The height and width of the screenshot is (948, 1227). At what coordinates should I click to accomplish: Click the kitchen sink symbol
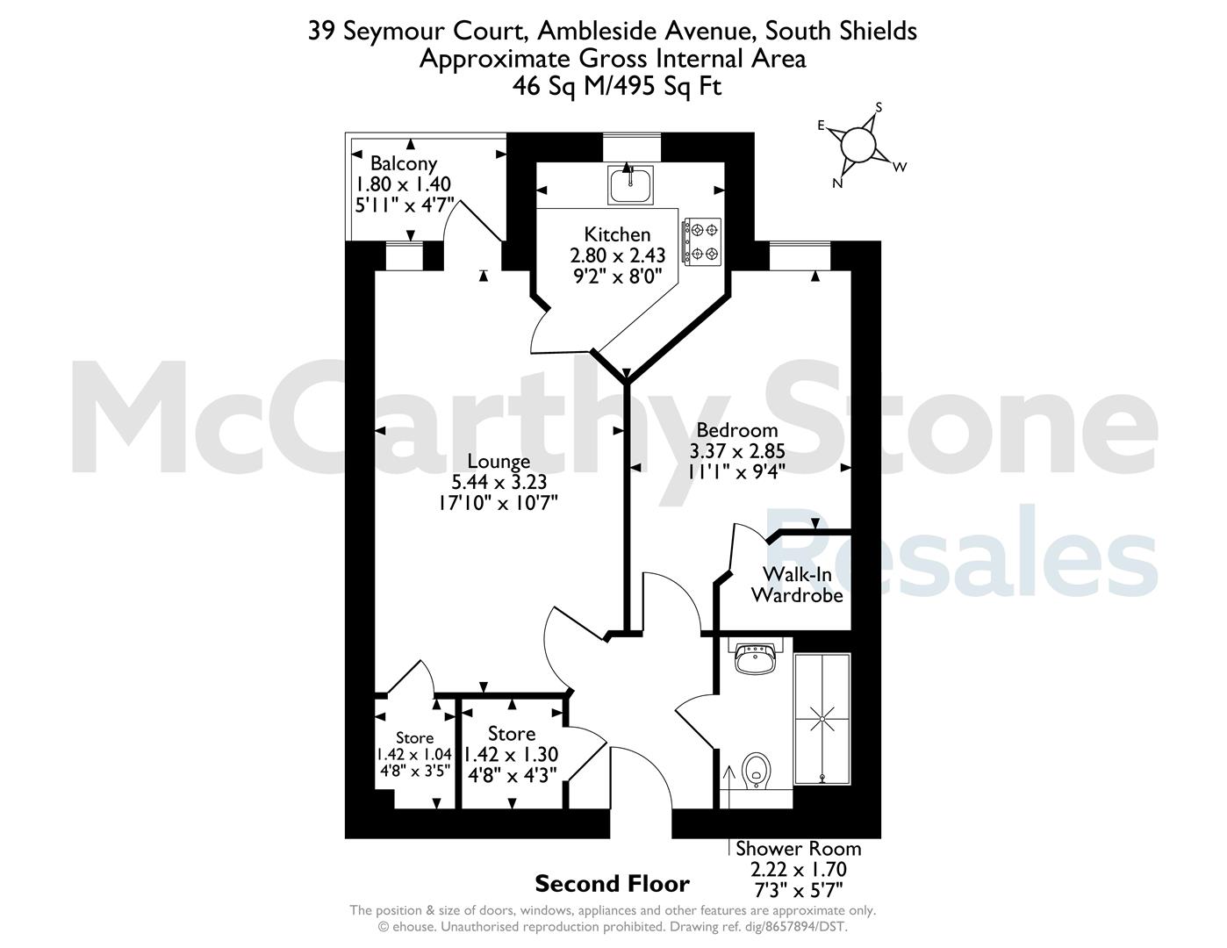point(630,184)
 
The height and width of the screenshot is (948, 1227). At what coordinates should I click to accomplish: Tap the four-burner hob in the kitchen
point(702,241)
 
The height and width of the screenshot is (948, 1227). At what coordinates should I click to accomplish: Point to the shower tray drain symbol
point(822,719)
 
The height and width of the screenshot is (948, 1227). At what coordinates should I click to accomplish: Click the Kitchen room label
point(617,233)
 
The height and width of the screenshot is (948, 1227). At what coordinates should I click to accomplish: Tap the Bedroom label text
point(737,430)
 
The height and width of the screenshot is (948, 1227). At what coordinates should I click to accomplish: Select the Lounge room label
point(499,462)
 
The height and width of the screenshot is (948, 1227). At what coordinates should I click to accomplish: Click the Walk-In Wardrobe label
point(797,585)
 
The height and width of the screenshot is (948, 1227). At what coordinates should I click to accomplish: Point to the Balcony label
point(404,164)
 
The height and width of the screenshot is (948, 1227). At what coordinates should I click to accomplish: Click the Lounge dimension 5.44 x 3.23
point(499,482)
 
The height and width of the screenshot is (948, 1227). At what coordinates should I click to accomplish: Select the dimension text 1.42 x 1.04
point(414,754)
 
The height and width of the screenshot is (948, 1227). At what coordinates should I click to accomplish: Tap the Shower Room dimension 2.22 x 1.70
point(799,869)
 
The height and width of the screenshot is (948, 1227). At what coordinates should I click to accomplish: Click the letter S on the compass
point(879,107)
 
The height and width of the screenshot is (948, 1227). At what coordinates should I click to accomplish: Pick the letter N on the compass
point(837,183)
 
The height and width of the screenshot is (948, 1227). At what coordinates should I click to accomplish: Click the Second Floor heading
point(612,884)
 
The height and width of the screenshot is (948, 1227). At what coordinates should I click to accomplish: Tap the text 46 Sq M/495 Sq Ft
point(617,86)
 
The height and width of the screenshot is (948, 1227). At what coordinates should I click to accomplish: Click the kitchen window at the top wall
point(632,147)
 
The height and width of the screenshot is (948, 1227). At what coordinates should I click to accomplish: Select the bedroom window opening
point(800,255)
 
